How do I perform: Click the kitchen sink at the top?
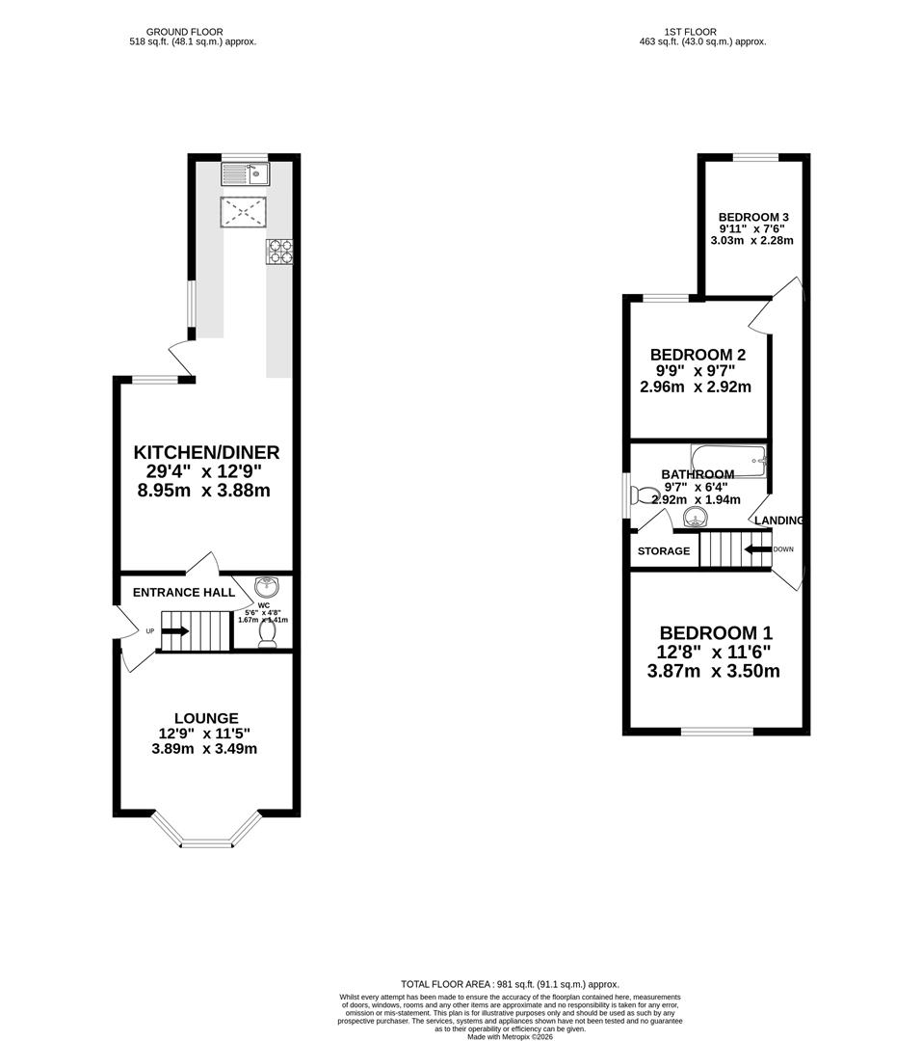pyautogui.click(x=245, y=173)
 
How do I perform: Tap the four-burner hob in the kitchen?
pyautogui.click(x=278, y=251)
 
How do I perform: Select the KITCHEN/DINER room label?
pyautogui.click(x=206, y=452)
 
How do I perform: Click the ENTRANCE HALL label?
pyautogui.click(x=184, y=592)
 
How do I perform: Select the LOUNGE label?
pyautogui.click(x=206, y=718)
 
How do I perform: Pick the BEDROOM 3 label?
pyautogui.click(x=754, y=216)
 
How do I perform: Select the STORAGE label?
pyautogui.click(x=664, y=551)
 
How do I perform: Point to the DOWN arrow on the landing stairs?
pyautogui.click(x=759, y=549)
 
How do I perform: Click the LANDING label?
pyautogui.click(x=778, y=520)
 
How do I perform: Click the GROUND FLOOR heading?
pyautogui.click(x=193, y=32)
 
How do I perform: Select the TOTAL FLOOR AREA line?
pyautogui.click(x=510, y=983)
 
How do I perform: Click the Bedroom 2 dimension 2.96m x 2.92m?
pyautogui.click(x=696, y=387)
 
